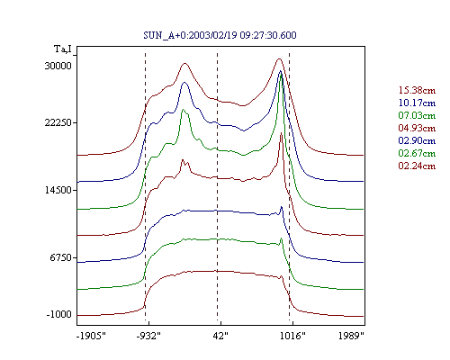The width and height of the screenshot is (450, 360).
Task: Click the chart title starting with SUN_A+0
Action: click(x=220, y=35)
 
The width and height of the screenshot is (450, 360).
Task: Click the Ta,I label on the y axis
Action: click(x=63, y=49)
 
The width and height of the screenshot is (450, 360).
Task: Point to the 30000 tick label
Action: click(x=58, y=66)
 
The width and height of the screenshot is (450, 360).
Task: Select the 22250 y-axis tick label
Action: click(x=58, y=122)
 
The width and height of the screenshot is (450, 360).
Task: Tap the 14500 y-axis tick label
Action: click(x=58, y=190)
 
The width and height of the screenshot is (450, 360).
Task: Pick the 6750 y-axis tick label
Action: click(x=61, y=257)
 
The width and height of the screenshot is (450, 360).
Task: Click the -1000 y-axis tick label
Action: click(x=59, y=314)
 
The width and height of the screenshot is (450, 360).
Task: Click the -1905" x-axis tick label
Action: click(x=91, y=336)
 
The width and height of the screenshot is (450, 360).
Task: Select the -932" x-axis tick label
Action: click(x=148, y=336)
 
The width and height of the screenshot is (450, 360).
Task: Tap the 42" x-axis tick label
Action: click(x=220, y=336)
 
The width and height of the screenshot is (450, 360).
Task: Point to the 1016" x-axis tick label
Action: click(x=292, y=336)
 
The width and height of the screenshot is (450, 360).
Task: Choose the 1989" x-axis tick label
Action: click(x=351, y=336)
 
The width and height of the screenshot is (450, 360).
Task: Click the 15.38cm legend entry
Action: click(x=417, y=90)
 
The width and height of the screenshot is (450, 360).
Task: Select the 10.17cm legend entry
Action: click(x=417, y=103)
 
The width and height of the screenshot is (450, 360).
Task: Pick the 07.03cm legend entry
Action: click(x=417, y=115)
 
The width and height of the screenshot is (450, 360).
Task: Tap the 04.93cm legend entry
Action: click(x=417, y=128)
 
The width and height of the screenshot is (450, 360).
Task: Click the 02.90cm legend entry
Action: click(x=417, y=140)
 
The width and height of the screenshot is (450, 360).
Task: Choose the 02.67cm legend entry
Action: click(x=417, y=153)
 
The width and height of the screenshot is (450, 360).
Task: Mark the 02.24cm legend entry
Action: click(x=417, y=166)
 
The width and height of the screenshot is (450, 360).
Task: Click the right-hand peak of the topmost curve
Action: click(x=279, y=58)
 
